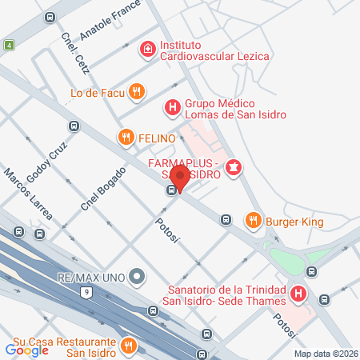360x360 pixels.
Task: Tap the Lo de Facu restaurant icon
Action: tap(137, 92)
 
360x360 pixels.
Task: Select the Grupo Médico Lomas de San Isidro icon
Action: tap(171, 106)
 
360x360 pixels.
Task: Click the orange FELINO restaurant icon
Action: tap(126, 138)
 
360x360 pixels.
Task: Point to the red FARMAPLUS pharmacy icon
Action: tap(234, 167)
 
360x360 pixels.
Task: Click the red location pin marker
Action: tap(181, 178)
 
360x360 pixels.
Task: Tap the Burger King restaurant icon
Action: tap(254, 219)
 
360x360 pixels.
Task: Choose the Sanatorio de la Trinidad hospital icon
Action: tap(298, 294)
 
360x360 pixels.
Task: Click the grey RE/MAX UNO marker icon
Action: tap(137, 278)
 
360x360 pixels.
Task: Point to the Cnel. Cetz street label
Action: tap(73, 51)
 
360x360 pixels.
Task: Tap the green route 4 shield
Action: tap(9, 45)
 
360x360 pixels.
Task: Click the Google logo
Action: tap(27, 350)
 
